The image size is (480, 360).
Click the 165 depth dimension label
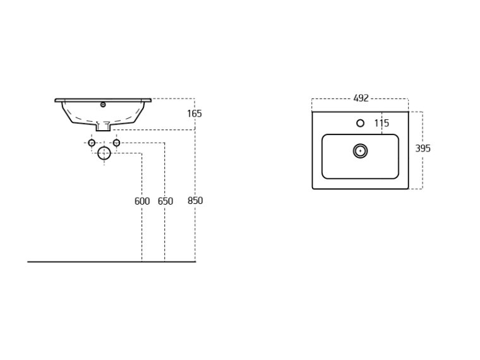[x=195, y=114]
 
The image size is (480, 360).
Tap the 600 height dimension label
[x=142, y=201]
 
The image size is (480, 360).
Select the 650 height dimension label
[x=165, y=201]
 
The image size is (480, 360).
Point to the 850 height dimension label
[x=195, y=200]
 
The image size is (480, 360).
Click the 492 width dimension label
[x=361, y=99]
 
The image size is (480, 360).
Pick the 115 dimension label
[x=381, y=123]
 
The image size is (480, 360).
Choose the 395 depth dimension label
[x=423, y=148]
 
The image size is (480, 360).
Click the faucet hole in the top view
[x=360, y=123]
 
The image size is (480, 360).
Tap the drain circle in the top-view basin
[x=360, y=151]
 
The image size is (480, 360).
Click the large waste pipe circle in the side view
[x=104, y=153]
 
